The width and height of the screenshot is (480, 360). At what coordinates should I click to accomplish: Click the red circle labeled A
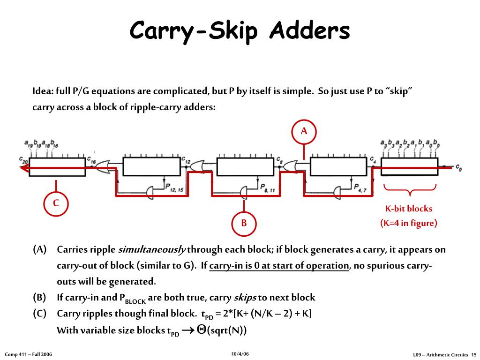tap(304, 131)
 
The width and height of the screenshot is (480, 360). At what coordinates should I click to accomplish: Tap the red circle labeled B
tap(244, 223)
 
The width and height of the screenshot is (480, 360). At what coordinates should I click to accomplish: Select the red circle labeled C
tap(56, 203)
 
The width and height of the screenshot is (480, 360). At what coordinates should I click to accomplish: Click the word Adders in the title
tap(309, 31)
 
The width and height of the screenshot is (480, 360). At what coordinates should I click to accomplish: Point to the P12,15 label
tap(174, 187)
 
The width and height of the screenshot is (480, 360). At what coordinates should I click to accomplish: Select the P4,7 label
tap(361, 187)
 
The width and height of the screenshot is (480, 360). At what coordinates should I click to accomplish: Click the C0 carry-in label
tap(458, 168)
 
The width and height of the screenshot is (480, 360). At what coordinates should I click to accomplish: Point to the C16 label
tap(92, 159)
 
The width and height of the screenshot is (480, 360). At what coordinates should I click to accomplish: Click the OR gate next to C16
tap(103, 167)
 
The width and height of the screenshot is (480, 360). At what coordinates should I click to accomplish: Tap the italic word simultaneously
tap(151, 249)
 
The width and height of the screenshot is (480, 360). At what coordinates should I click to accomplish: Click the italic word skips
tap(244, 297)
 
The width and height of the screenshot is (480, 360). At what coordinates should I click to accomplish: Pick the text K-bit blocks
tap(409, 209)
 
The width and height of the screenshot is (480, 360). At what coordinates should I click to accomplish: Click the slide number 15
tap(473, 354)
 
